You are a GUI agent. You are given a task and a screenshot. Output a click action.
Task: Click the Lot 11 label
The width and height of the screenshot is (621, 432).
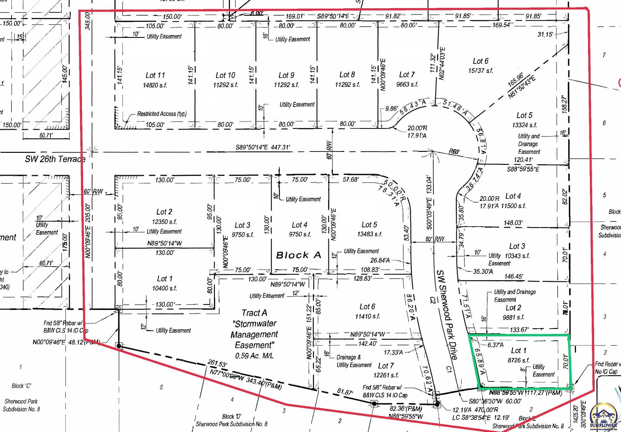tap(155, 75)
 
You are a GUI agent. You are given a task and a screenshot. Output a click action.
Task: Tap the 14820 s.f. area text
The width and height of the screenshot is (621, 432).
tap(155, 85)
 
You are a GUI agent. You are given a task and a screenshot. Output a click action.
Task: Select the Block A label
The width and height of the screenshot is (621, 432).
tap(298, 255)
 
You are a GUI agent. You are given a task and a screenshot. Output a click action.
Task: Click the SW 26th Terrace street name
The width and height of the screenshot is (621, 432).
tap(55, 159)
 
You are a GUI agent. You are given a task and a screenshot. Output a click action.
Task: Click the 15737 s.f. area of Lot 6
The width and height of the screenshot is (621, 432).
tap(481, 71)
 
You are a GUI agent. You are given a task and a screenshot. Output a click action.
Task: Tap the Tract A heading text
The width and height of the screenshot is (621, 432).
tap(254, 313)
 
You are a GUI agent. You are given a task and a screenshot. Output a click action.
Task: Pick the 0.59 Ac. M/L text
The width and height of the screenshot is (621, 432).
tap(254, 356)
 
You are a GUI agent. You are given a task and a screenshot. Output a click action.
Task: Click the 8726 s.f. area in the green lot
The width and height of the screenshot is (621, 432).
tap(519, 360)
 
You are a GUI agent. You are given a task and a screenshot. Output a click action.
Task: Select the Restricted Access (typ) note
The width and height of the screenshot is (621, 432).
tap(162, 114)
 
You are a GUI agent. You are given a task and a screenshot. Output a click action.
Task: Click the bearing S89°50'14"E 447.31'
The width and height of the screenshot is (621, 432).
tap(263, 147)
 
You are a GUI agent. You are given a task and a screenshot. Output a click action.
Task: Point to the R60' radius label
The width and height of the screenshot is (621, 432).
tap(454, 151)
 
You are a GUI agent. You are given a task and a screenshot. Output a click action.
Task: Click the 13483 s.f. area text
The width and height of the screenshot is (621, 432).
tap(369, 234)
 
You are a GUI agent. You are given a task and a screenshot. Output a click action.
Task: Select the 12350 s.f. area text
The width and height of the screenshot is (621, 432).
tap(164, 222)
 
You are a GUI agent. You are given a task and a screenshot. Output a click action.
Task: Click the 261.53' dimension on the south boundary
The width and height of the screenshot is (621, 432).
tap(217, 364)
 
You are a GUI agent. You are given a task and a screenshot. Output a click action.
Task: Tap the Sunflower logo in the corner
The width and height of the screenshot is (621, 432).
tap(604, 417)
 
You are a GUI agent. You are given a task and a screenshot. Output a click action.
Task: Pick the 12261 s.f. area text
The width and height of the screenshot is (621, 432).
tap(386, 375)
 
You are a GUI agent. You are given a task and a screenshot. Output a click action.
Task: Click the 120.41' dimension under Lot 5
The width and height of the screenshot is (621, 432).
tap(523, 160)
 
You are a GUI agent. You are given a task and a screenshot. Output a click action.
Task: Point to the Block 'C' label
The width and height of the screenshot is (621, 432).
tap(21, 386)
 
